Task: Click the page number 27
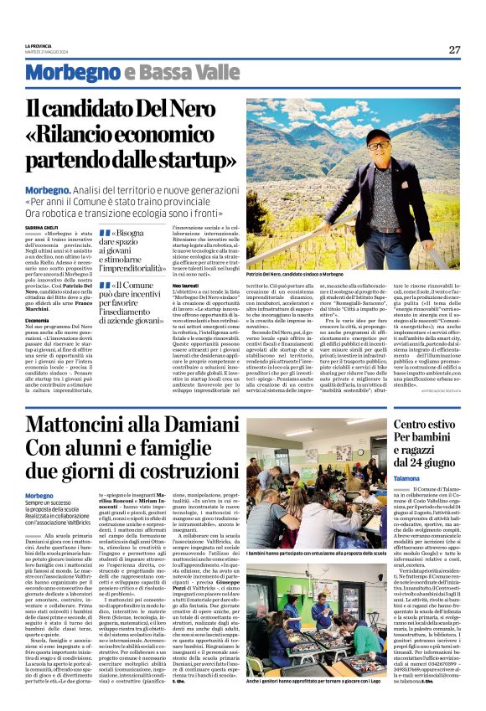tap(455, 49)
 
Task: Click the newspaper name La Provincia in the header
tap(39, 44)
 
